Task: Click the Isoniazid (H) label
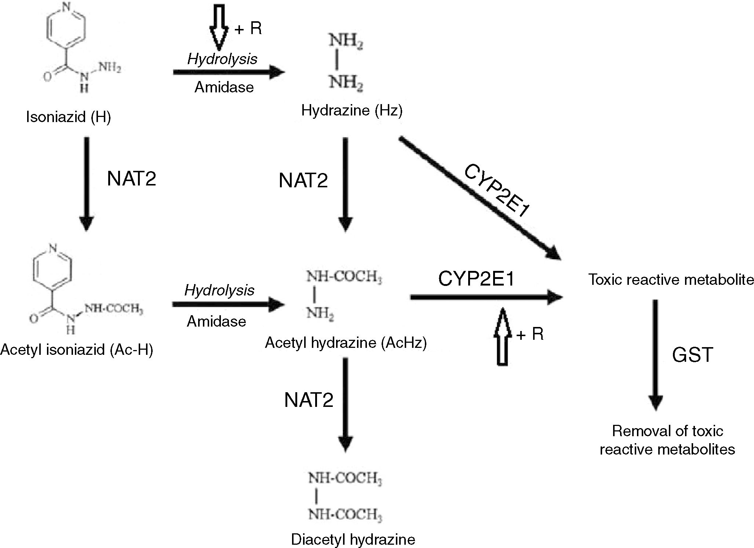tap(68, 117)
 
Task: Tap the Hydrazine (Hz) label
tap(351, 110)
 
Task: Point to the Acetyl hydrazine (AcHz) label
tap(346, 343)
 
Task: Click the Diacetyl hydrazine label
tap(353, 539)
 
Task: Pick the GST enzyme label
tap(692, 355)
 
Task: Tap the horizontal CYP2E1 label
tap(476, 279)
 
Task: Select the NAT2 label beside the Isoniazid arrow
tap(131, 179)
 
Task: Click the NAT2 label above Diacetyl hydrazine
tap(309, 400)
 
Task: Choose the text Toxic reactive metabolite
tap(671, 280)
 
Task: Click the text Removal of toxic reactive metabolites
tap(667, 440)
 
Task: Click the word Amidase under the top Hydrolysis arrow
tap(224, 87)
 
